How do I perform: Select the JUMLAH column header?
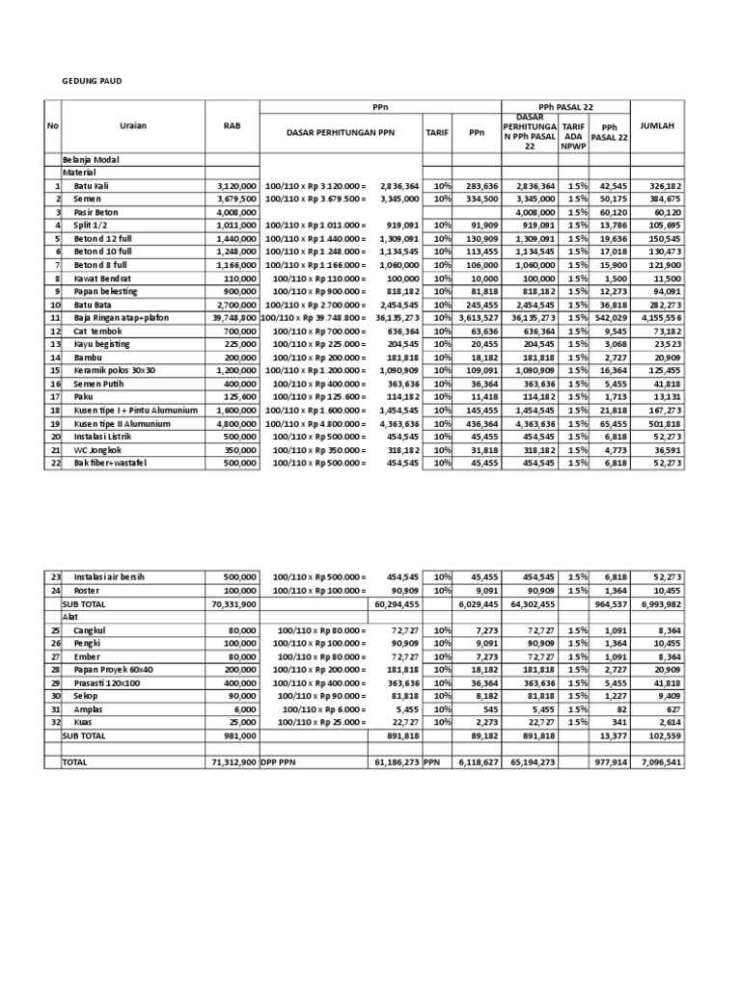(657, 125)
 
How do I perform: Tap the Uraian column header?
(134, 125)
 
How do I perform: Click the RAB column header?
(232, 125)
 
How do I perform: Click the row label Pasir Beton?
(97, 211)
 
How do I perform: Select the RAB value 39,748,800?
(234, 317)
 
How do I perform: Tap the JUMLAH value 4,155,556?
(661, 317)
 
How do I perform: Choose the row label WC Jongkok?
(99, 449)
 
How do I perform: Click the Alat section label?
(70, 616)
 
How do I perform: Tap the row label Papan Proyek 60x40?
(113, 669)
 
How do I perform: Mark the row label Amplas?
(89, 708)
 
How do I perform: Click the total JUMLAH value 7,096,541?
(661, 761)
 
